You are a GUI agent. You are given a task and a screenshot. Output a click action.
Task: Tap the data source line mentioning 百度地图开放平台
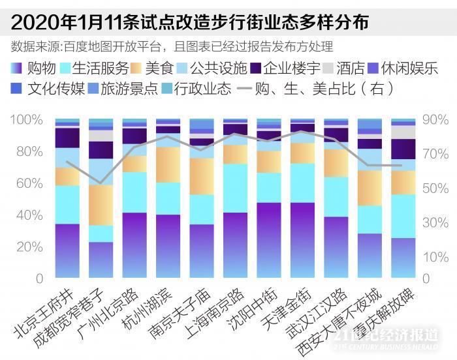172,46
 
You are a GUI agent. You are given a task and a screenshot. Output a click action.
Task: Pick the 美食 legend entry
151,68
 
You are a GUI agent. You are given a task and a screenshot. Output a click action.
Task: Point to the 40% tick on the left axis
30,215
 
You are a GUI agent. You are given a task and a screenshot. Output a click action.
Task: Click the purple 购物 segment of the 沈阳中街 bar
269,240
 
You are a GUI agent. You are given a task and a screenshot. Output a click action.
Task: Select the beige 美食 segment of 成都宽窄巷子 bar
101,205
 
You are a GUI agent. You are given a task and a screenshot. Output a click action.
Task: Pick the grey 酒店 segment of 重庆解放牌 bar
403,132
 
